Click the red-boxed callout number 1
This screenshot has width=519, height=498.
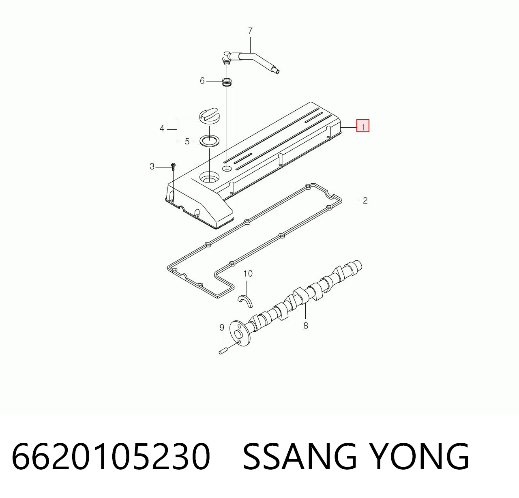point(363,126)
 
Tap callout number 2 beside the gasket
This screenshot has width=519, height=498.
point(365,200)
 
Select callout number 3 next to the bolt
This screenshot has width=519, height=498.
point(152,167)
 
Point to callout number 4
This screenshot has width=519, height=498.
point(162,129)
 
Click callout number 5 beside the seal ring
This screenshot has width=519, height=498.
point(187,142)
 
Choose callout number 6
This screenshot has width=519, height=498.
point(202,81)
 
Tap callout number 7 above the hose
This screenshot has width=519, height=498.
point(250,31)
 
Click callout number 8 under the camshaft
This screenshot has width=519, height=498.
point(306,325)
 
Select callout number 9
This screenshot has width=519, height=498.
point(222,327)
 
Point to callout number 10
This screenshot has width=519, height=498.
point(248,274)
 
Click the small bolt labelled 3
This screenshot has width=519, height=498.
point(174,166)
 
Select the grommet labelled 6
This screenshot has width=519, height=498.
point(227,82)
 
